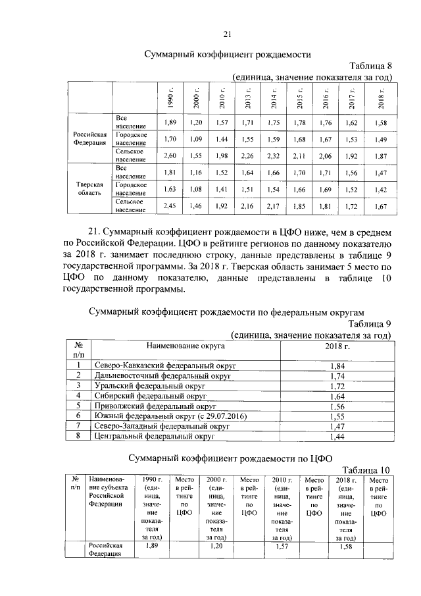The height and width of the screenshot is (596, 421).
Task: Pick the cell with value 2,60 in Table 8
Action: (x=169, y=155)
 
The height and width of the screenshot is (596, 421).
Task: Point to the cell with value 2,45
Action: (x=169, y=206)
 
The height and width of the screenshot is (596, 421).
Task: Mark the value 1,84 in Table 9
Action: (x=337, y=366)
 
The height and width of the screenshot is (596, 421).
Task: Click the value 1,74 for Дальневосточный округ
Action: (x=337, y=375)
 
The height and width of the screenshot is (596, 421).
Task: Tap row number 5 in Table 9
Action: (x=78, y=406)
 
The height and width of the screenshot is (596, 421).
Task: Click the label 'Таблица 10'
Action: (x=367, y=469)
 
